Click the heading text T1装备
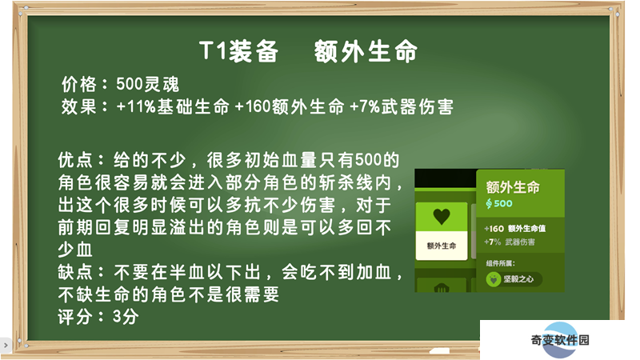[238, 51]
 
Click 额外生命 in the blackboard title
[366, 51]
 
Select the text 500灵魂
[148, 85]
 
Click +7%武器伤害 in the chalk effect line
[402, 107]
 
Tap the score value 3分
[126, 317]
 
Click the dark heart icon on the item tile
[442, 216]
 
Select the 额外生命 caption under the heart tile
[442, 246]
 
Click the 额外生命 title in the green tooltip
[513, 187]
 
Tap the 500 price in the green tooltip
[503, 204]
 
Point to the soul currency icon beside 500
[489, 204]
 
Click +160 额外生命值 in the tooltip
[514, 229]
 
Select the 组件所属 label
[501, 263]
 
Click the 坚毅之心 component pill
[514, 279]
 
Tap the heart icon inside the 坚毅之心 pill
[494, 279]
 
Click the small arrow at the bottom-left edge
[6, 346]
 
